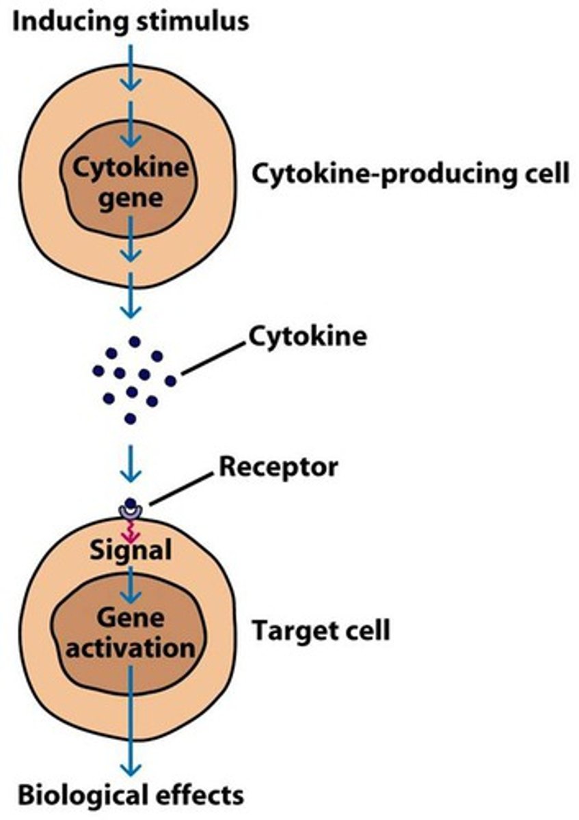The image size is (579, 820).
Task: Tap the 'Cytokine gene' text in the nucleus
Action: point(130,182)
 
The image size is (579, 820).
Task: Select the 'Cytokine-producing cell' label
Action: point(410,174)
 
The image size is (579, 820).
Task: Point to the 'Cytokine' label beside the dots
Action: point(307,336)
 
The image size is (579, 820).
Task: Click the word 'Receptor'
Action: point(278,467)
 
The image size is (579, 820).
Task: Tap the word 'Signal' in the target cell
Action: point(131,549)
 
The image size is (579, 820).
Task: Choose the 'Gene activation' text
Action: point(130,632)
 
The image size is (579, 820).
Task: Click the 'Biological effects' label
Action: point(130,795)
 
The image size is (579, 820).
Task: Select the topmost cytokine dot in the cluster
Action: point(135,341)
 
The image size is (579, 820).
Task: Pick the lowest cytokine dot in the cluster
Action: point(130,418)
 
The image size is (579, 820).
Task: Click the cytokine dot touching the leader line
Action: point(170,380)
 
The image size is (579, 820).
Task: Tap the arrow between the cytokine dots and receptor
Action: point(130,465)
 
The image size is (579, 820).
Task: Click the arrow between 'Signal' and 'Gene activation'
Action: point(131,581)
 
